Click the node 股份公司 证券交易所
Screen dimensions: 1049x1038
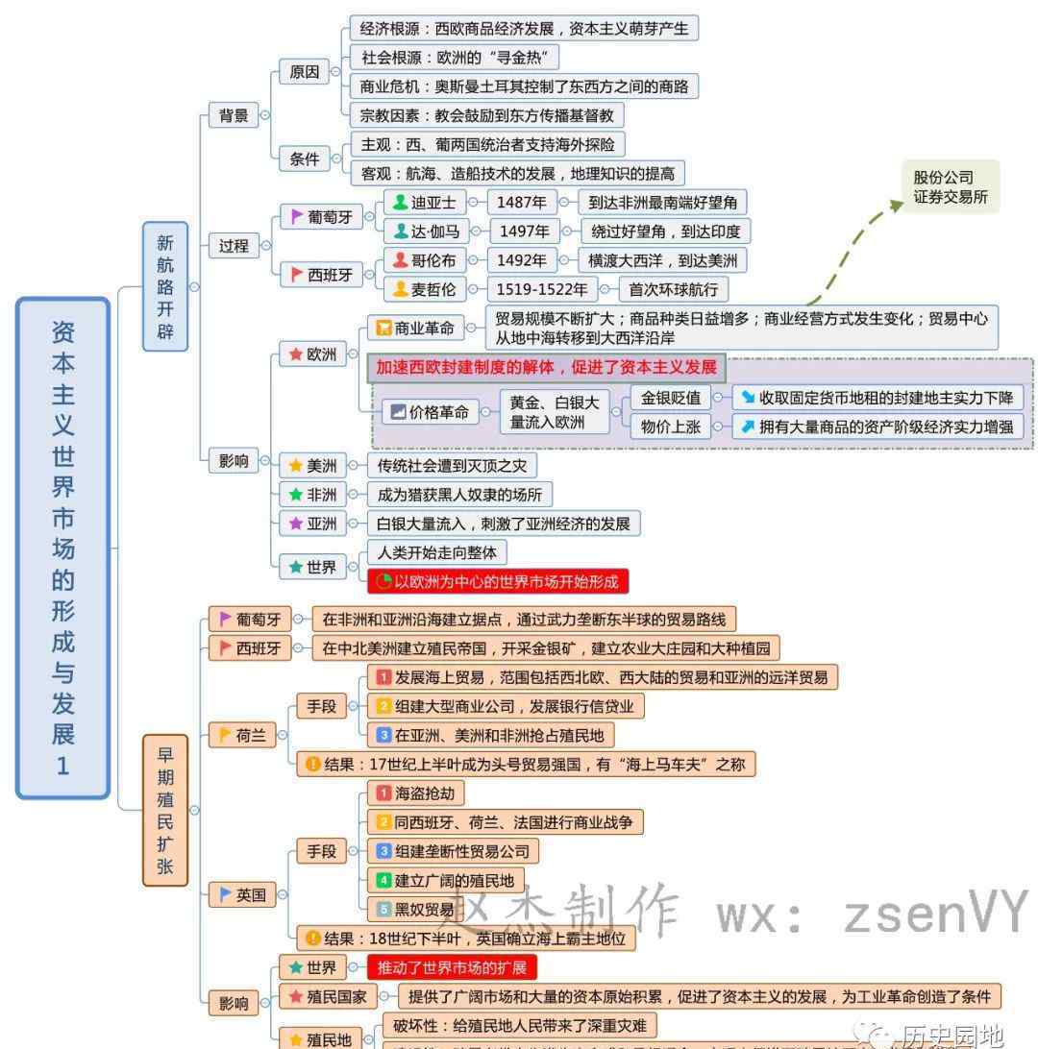click(950, 187)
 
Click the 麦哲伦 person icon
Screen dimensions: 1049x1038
click(401, 289)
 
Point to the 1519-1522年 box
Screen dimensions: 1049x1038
click(541, 289)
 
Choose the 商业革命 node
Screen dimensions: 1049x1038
click(415, 328)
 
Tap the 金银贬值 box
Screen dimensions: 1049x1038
click(671, 398)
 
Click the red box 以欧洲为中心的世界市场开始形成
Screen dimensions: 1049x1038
click(498, 581)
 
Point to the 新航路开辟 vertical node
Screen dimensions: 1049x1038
click(165, 286)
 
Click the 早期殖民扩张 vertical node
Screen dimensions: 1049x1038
click(165, 810)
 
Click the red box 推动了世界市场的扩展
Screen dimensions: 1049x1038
click(451, 967)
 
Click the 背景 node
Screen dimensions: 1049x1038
click(234, 116)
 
